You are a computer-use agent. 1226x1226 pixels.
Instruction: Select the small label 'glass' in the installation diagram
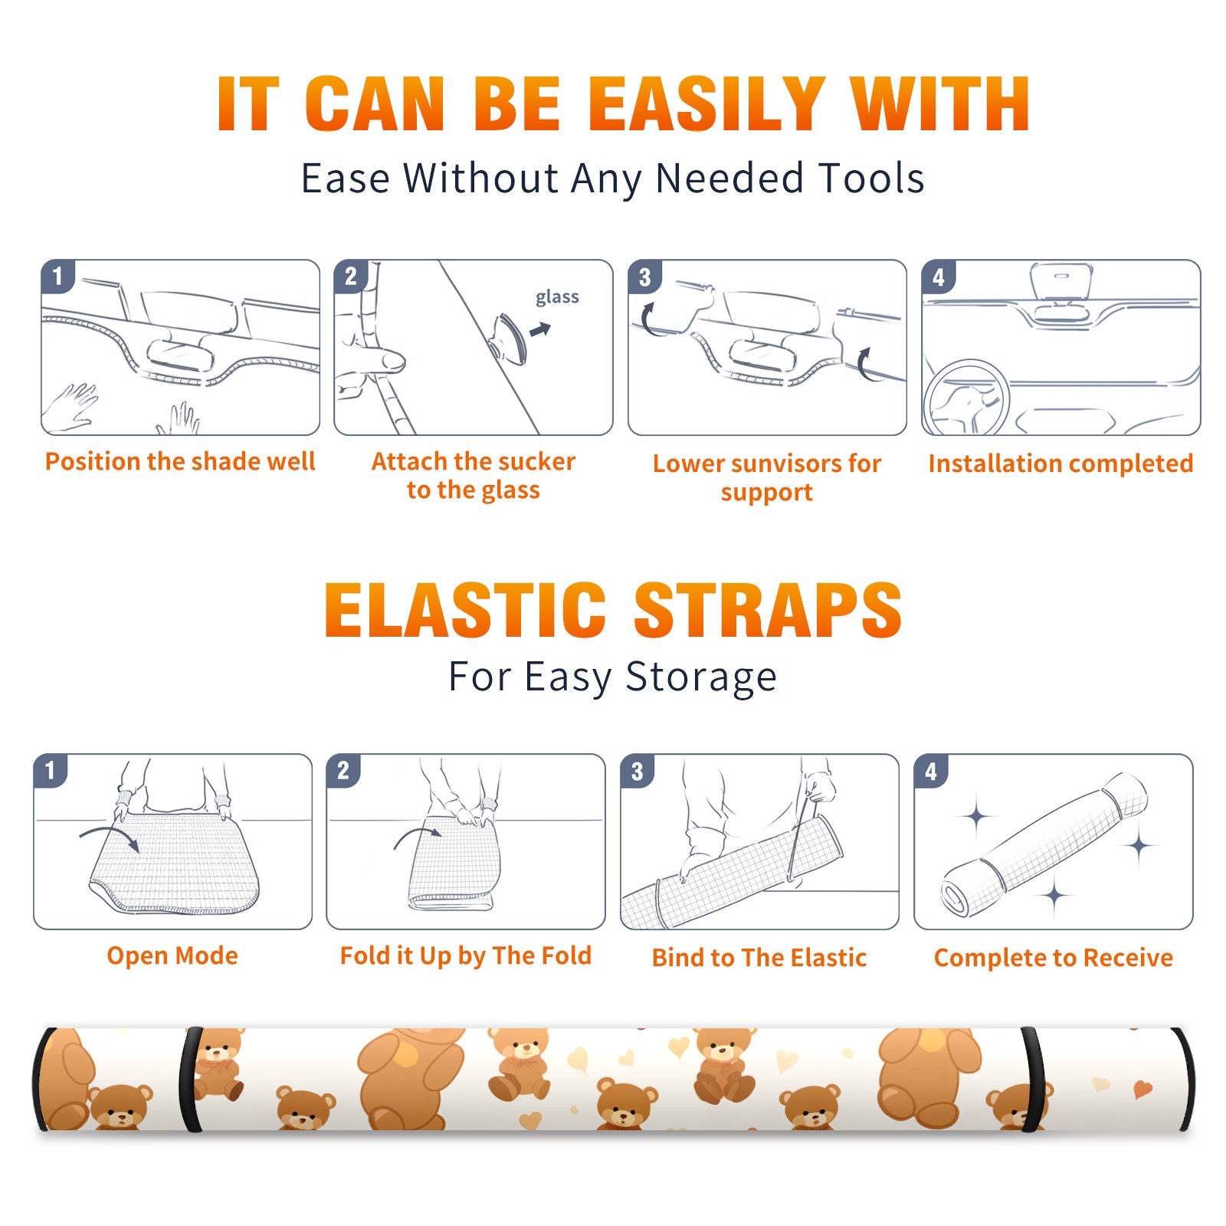coord(557,297)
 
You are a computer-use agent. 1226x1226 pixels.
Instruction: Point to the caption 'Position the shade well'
coord(180,461)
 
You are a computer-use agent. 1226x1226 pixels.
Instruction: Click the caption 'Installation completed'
coord(1060,463)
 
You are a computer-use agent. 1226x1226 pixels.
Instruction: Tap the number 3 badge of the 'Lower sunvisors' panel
coord(644,277)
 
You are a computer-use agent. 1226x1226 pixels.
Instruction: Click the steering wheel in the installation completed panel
coord(966,398)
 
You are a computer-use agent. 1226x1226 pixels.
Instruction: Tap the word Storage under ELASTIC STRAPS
coord(701,677)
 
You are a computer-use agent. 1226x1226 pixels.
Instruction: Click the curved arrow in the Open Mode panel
coord(110,836)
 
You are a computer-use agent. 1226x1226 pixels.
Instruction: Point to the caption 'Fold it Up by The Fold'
coord(466,956)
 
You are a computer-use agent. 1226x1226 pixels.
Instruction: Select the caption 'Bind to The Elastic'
coord(759,958)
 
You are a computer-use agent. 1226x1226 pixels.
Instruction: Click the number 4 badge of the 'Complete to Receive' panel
coord(931,771)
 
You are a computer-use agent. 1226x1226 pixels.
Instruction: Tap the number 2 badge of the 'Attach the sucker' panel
coord(351,277)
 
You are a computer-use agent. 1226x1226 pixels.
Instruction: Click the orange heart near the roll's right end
coord(1142,1089)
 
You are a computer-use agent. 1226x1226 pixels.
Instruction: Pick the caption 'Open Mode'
coord(172,956)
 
